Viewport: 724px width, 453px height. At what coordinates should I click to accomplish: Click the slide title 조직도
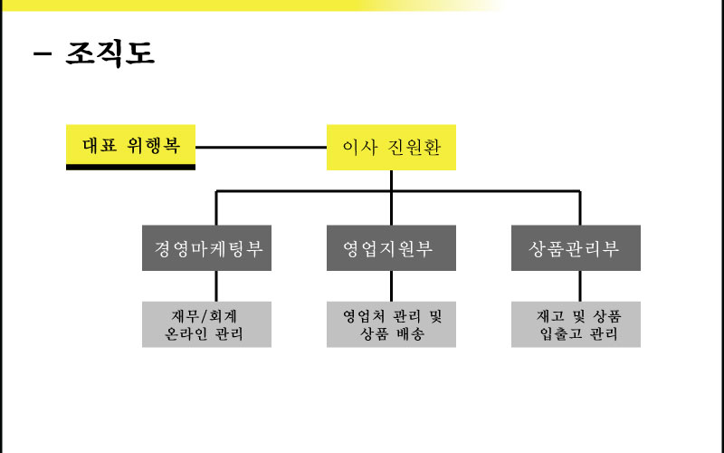click(110, 53)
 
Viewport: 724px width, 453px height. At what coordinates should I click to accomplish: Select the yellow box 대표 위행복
click(130, 146)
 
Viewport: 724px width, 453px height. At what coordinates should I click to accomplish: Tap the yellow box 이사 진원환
click(391, 148)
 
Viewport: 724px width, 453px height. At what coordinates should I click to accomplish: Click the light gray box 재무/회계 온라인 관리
click(207, 325)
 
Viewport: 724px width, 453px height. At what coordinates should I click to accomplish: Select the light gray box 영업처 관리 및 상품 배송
click(391, 325)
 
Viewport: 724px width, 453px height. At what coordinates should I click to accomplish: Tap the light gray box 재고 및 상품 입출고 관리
click(576, 325)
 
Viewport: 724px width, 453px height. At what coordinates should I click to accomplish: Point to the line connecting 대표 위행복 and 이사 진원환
click(261, 147)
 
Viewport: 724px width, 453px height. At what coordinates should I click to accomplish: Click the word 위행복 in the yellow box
click(150, 146)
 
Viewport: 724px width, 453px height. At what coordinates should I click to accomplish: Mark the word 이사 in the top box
click(358, 148)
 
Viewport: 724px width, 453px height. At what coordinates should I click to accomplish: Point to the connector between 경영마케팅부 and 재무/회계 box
click(215, 285)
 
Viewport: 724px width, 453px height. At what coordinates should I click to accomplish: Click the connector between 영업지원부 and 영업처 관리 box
click(391, 285)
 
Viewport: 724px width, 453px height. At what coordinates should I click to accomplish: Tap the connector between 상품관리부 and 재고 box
click(579, 285)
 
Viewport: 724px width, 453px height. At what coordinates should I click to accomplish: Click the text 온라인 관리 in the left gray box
click(207, 334)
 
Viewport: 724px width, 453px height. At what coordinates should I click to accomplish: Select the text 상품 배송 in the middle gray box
click(391, 334)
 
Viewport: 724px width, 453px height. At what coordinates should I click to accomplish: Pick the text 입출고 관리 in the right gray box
click(576, 334)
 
